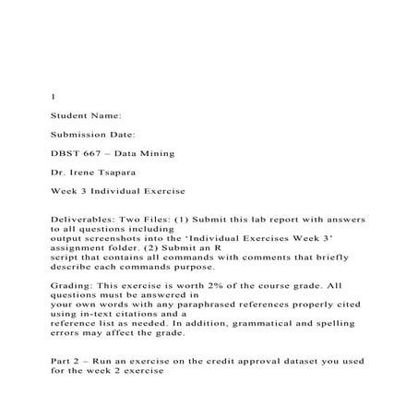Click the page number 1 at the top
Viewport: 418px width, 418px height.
[52, 96]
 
